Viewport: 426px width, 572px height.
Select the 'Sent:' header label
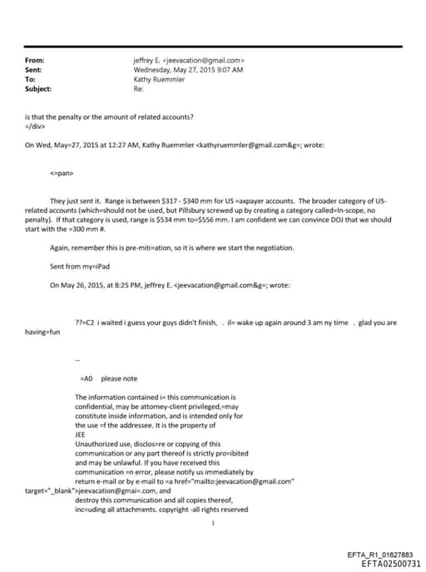click(x=34, y=71)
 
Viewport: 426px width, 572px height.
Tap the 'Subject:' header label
click(x=38, y=88)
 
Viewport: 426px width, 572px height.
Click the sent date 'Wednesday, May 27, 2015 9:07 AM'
click(x=188, y=71)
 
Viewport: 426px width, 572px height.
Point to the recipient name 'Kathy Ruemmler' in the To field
click(x=158, y=79)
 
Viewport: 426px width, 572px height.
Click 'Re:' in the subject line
click(x=138, y=88)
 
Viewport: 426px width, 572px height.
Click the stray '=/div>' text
click(x=37, y=126)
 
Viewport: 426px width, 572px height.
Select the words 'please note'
click(x=119, y=378)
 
